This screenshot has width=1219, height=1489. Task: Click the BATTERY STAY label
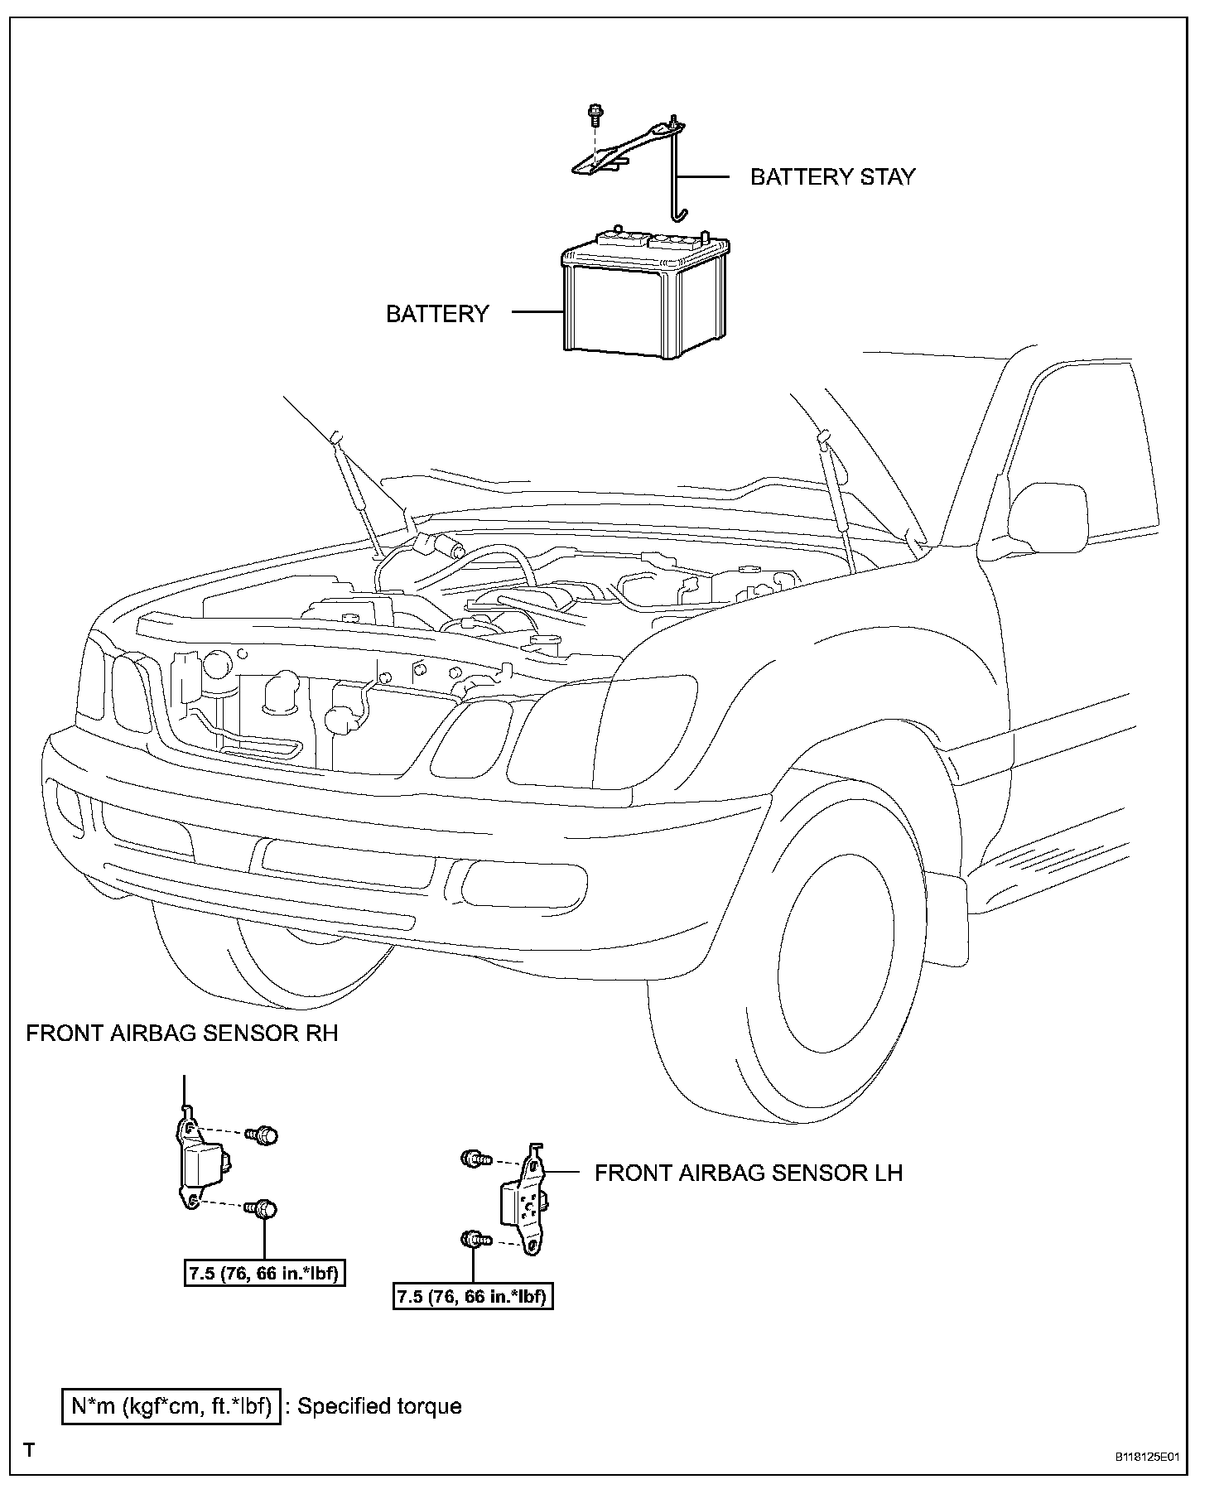[832, 176]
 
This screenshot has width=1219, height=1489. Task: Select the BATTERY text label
[437, 314]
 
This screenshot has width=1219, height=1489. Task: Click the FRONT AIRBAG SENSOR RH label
[182, 1034]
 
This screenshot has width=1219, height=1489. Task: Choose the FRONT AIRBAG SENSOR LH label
[749, 1173]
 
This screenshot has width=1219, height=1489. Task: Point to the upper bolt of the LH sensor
[473, 1159]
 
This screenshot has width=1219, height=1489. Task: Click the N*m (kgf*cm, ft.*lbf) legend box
[171, 1406]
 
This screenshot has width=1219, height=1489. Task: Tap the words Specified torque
[378, 1406]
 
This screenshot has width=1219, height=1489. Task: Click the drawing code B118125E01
[1145, 1457]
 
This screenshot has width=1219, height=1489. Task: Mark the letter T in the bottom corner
[30, 1450]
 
